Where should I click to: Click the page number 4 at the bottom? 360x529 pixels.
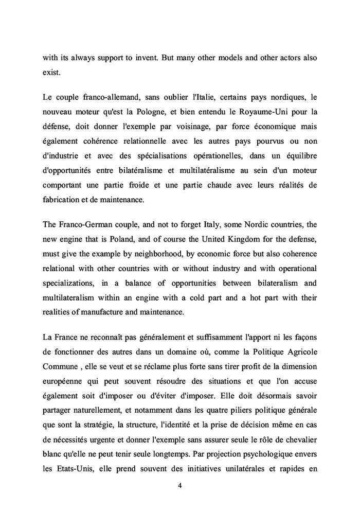(x=179, y=485)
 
